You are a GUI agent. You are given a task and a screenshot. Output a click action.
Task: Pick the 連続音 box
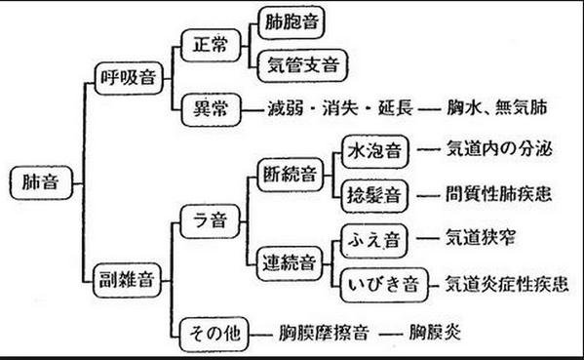click(290, 261)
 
